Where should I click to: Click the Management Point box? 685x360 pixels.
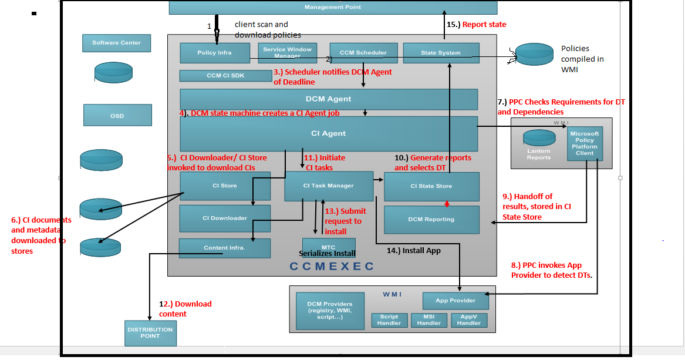[333, 7]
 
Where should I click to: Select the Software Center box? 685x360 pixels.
[116, 43]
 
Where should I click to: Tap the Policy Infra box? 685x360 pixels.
[214, 53]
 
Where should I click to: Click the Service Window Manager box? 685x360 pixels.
[288, 53]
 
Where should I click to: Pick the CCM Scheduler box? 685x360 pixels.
[363, 53]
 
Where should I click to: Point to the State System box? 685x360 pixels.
[441, 53]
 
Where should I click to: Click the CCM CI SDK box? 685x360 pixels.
[225, 76]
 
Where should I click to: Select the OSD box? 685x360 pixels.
[117, 115]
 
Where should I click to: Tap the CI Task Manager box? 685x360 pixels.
[329, 186]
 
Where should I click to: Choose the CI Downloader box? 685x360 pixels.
[225, 218]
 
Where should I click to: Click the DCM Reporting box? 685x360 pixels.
[431, 220]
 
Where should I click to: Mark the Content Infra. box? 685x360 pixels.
[225, 248]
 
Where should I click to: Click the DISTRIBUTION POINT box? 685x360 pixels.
[150, 333]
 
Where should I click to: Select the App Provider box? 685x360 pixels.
[455, 301]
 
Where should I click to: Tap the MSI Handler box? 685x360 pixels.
[429, 320]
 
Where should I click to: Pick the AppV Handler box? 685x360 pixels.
[469, 320]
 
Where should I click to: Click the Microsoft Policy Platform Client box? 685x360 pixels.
[584, 143]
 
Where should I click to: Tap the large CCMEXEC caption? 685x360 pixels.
[332, 267]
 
